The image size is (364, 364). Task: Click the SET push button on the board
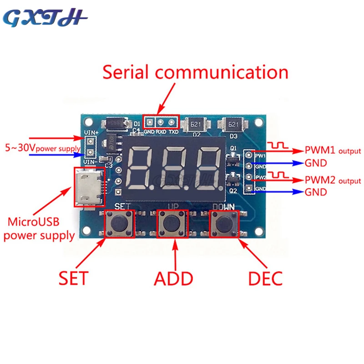[119, 223]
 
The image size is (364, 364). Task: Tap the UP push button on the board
[172, 223]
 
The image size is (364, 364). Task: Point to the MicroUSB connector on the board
[86, 187]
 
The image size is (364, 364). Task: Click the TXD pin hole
[172, 121]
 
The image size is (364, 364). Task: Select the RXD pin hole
[161, 121]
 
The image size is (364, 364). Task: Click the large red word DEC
[265, 278]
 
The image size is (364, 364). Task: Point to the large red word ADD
[173, 278]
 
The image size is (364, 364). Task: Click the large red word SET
[73, 278]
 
